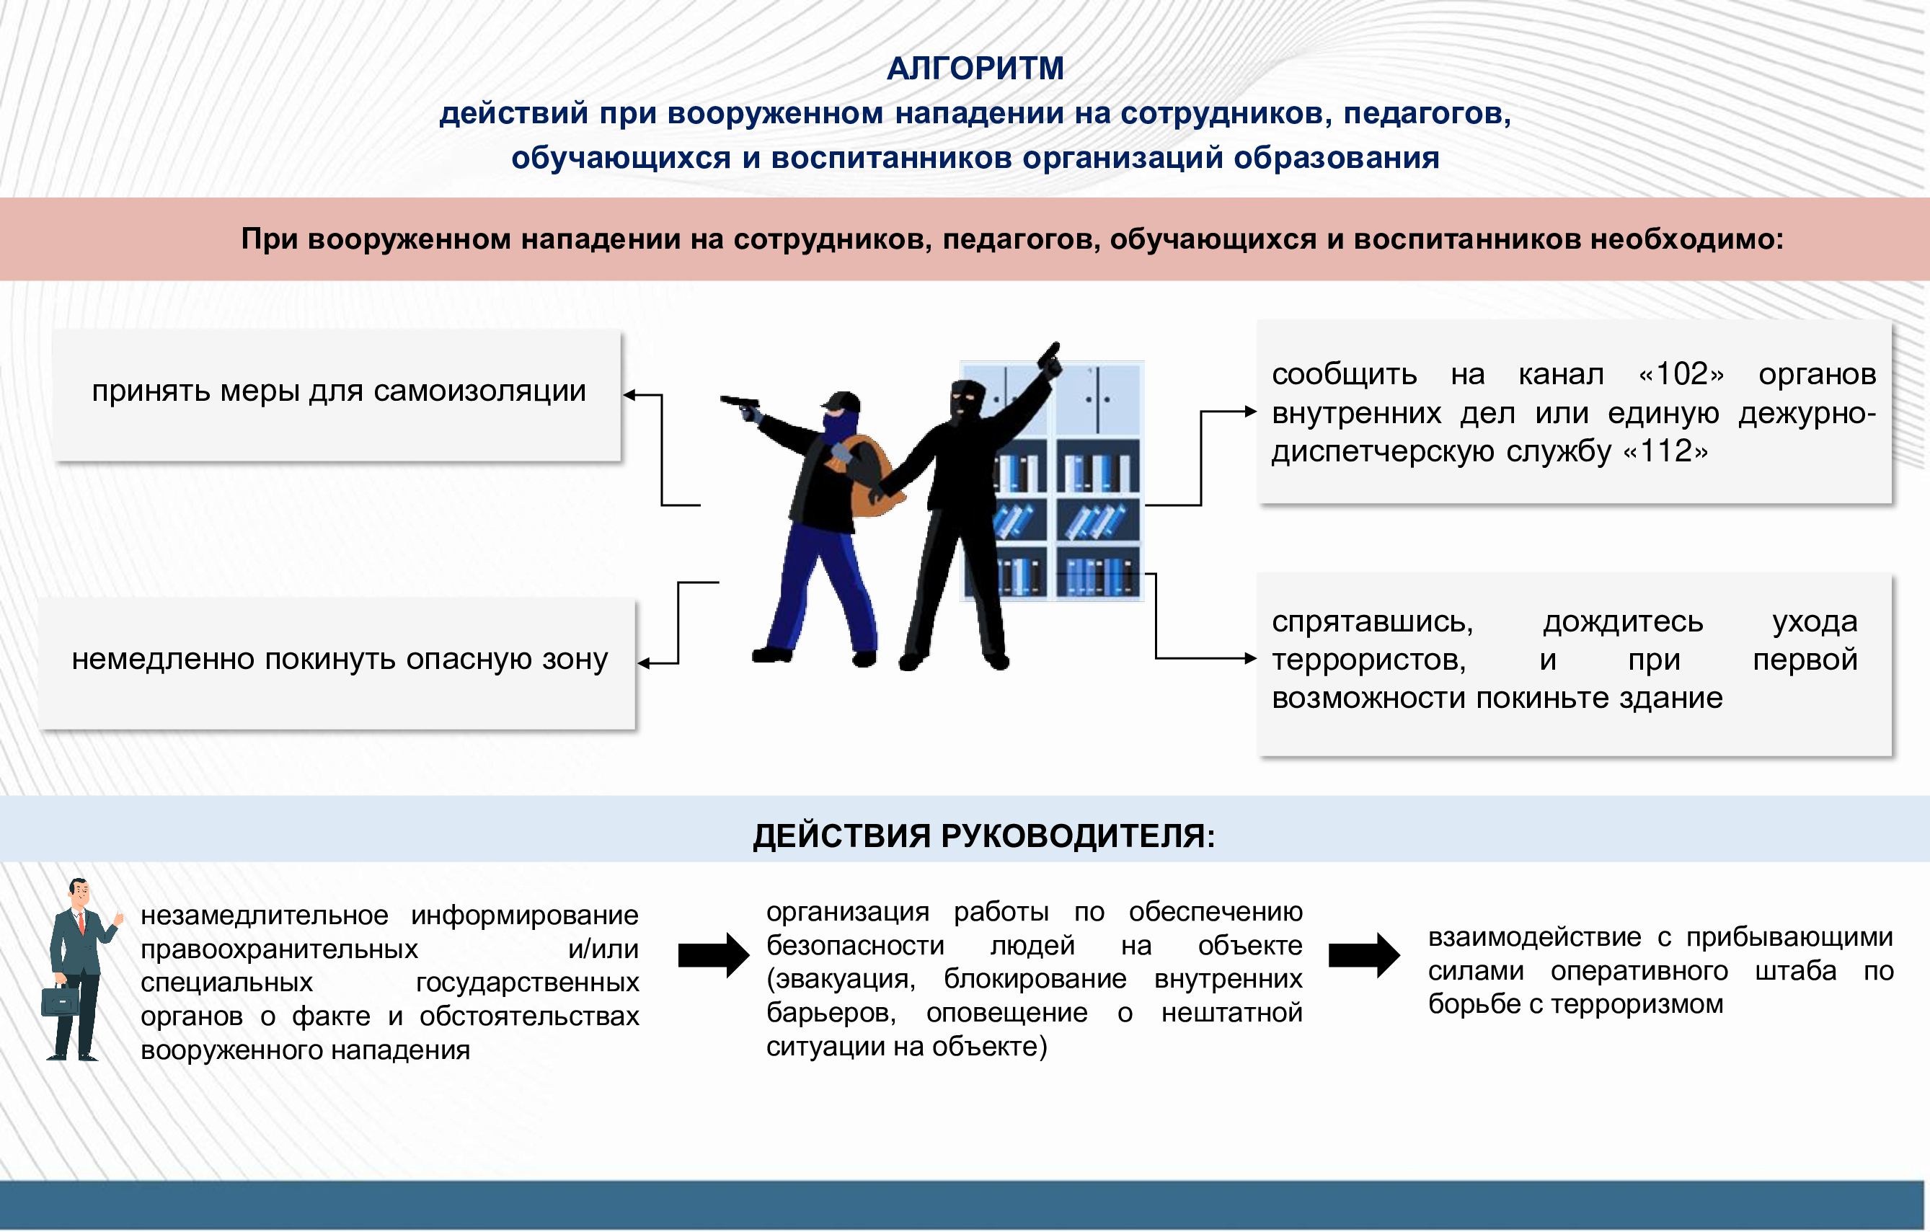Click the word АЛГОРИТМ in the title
[x=975, y=69]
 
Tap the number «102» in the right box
[x=1681, y=373]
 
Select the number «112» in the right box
[x=1665, y=451]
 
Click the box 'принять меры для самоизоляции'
[x=337, y=394]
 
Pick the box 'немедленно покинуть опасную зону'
[x=337, y=664]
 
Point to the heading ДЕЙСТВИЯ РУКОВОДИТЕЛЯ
[x=984, y=836]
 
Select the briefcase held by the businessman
[x=60, y=1001]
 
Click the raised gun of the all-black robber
[x=1050, y=359]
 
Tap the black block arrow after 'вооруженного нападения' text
[x=713, y=954]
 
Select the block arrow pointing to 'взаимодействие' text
[x=1364, y=954]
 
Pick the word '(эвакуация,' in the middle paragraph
[x=841, y=979]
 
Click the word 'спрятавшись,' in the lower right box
[x=1372, y=622]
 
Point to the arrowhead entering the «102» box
[x=1250, y=411]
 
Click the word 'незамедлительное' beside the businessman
[x=265, y=916]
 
